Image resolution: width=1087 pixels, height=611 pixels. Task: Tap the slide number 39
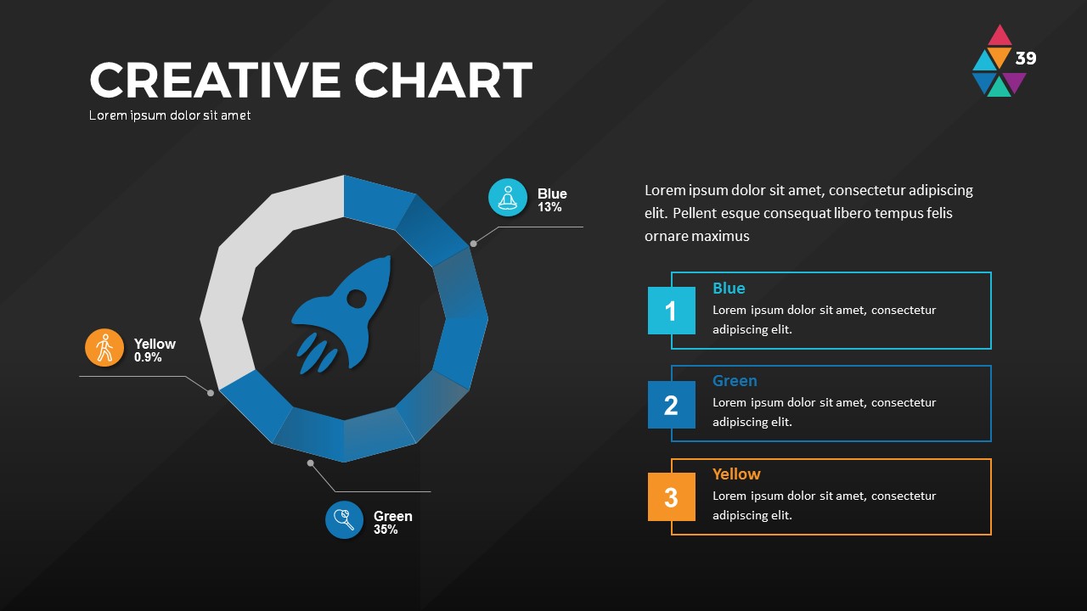pyautogui.click(x=1026, y=59)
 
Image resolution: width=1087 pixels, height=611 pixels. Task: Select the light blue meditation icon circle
pyautogui.click(x=508, y=198)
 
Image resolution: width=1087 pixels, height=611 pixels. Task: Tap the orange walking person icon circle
pyautogui.click(x=104, y=348)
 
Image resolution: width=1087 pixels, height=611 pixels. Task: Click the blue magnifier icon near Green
pyautogui.click(x=344, y=519)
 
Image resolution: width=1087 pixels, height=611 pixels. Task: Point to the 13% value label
pyautogui.click(x=549, y=207)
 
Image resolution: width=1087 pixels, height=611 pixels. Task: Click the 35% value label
pyautogui.click(x=386, y=530)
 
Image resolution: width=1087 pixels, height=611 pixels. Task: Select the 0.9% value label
pyautogui.click(x=148, y=357)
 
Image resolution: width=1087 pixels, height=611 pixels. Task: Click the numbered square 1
pyautogui.click(x=671, y=311)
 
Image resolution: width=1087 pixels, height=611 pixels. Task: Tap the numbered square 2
pyautogui.click(x=671, y=405)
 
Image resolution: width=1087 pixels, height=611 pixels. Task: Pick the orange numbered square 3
pyautogui.click(x=671, y=497)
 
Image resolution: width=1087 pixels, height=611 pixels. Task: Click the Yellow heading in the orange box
pyautogui.click(x=736, y=474)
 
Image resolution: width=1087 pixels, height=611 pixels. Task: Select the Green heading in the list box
pyautogui.click(x=735, y=381)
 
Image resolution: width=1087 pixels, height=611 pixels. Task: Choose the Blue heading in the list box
pyautogui.click(x=729, y=289)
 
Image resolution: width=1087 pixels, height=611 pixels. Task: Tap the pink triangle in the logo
pyautogui.click(x=1000, y=36)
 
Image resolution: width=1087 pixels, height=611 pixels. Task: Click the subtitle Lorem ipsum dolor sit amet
pyautogui.click(x=170, y=115)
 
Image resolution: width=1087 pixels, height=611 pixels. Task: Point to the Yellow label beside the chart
pyautogui.click(x=155, y=344)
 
